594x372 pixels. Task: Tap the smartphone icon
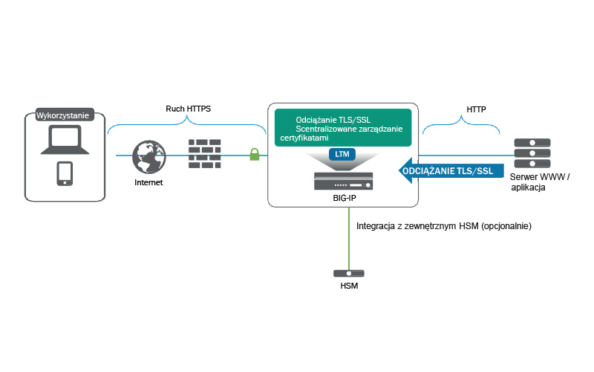coord(65,173)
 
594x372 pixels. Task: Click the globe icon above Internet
coord(148,157)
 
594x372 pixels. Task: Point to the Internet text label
coord(148,182)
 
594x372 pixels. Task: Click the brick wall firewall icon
coord(205,152)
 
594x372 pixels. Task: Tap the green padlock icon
coord(255,155)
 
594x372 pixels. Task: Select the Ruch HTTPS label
coord(188,109)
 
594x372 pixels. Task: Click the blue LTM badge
coord(343,155)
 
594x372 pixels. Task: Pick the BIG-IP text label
coord(343,199)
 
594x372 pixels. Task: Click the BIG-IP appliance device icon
coord(343,181)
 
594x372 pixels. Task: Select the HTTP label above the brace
coord(476,109)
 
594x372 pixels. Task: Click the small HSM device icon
coord(348,274)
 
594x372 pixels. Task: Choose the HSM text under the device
coord(348,286)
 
